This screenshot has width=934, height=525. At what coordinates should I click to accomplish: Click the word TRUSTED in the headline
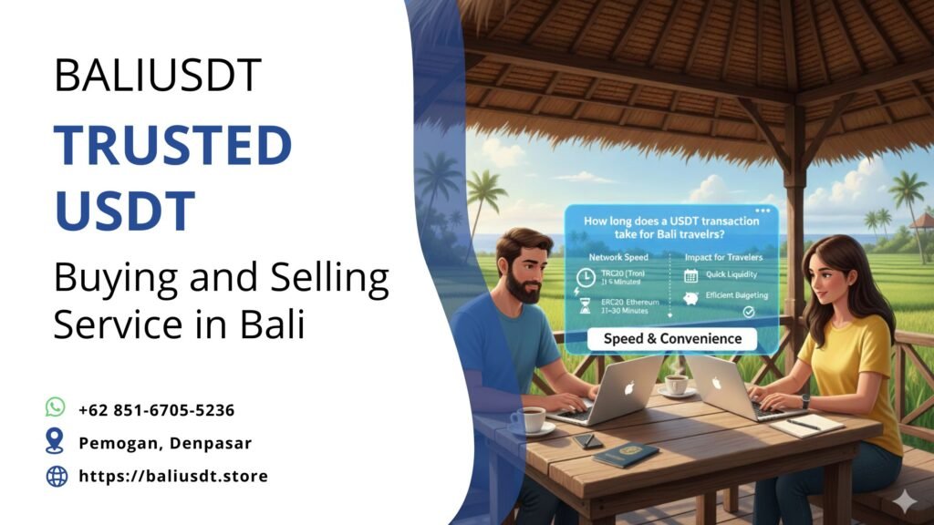[172, 145]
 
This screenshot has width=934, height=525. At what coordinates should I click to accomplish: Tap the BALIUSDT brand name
[157, 75]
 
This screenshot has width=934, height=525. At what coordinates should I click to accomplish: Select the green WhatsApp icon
[56, 407]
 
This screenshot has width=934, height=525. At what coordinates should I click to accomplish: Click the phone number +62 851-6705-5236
[156, 410]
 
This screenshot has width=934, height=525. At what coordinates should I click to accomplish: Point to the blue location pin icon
[56, 442]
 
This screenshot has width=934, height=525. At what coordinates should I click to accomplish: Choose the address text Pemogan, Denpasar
[164, 443]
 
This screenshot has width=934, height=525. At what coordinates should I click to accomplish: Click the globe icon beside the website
[57, 476]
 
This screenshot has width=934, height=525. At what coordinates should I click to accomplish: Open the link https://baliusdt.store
[173, 476]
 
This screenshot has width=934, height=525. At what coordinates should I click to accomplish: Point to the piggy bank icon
[690, 298]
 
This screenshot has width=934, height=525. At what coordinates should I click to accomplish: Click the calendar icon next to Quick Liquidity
[690, 274]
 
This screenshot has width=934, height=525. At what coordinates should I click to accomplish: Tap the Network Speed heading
[617, 258]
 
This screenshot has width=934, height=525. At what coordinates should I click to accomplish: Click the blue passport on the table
[626, 454]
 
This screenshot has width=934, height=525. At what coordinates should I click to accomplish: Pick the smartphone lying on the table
[587, 440]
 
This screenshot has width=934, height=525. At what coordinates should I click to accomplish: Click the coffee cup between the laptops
[675, 384]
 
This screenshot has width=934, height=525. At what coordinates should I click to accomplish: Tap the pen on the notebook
[804, 424]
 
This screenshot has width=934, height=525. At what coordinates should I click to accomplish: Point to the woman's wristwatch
[805, 400]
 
